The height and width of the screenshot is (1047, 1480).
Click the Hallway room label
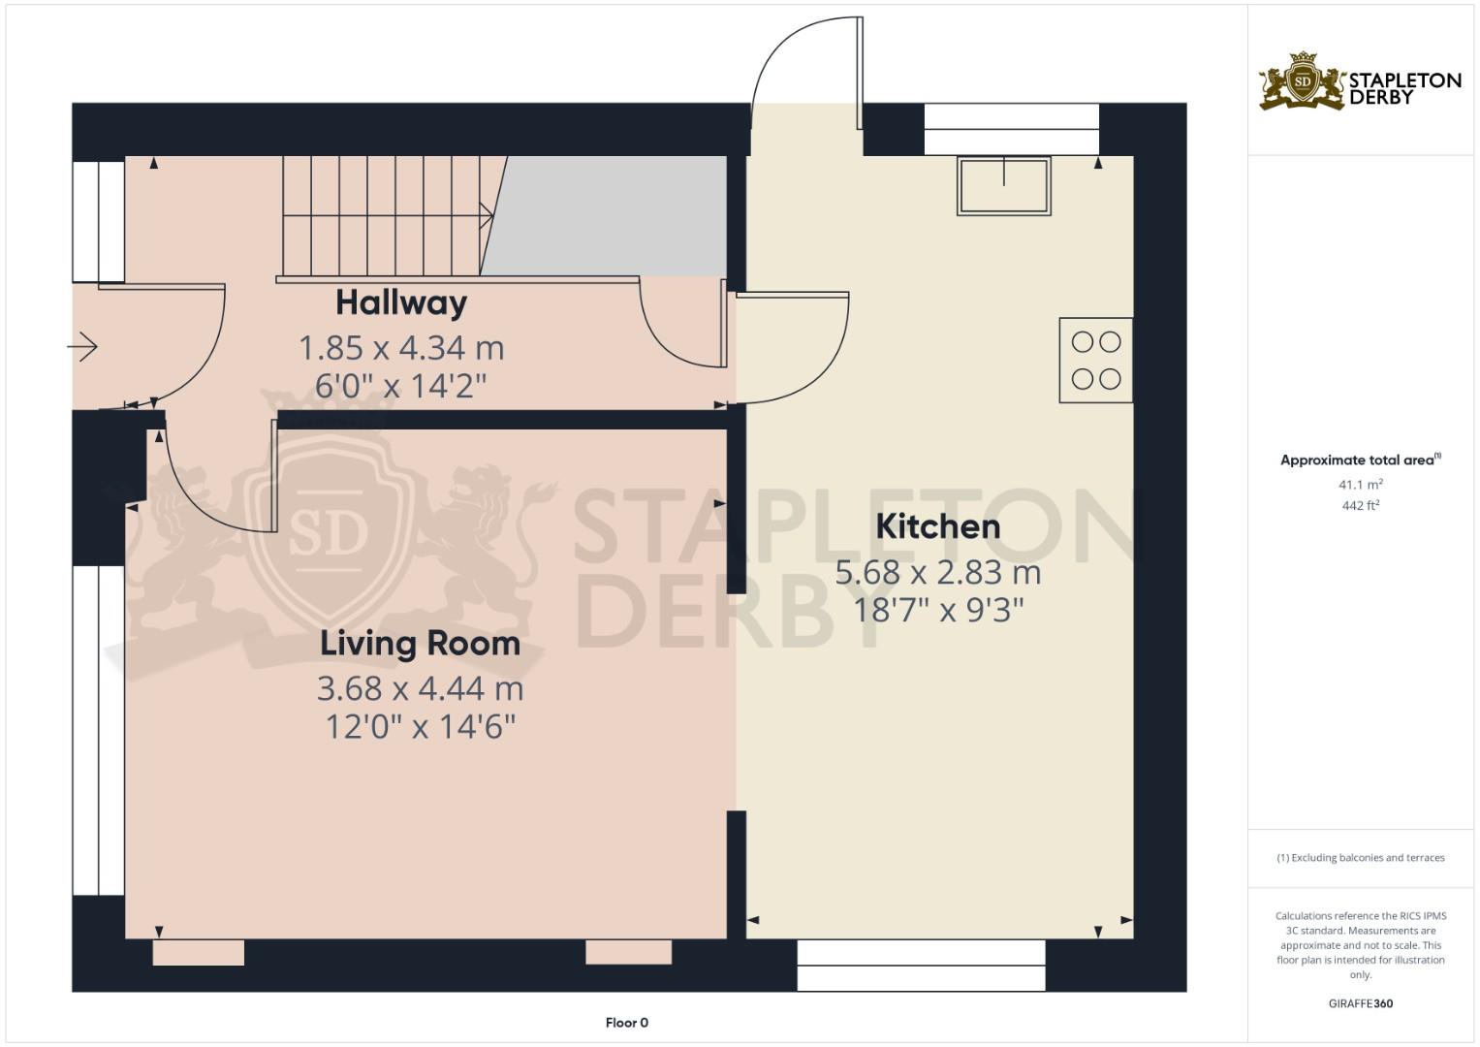point(401,302)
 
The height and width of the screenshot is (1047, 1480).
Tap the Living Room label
point(420,644)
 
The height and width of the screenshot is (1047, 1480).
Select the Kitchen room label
point(937,526)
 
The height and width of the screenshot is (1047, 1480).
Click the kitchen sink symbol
point(1003,185)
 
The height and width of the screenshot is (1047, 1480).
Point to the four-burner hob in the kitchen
point(1095,361)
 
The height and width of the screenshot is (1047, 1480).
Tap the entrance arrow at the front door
point(83,346)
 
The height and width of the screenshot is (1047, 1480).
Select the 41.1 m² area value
point(1360,484)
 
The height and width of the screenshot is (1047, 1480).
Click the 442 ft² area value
point(1360,505)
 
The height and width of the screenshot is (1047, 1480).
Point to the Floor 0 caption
point(626,1023)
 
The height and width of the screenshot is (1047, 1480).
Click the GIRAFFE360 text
point(1360,1003)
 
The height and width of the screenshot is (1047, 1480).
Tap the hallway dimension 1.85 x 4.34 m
point(401,347)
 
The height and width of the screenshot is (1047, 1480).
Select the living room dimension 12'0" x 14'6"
point(420,726)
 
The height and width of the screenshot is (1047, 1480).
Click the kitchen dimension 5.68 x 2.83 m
point(937,573)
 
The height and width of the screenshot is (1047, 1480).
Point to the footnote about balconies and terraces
point(1360,858)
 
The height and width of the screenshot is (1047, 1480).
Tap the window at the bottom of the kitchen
point(921,965)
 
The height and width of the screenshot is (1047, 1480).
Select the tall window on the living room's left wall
point(99,730)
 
